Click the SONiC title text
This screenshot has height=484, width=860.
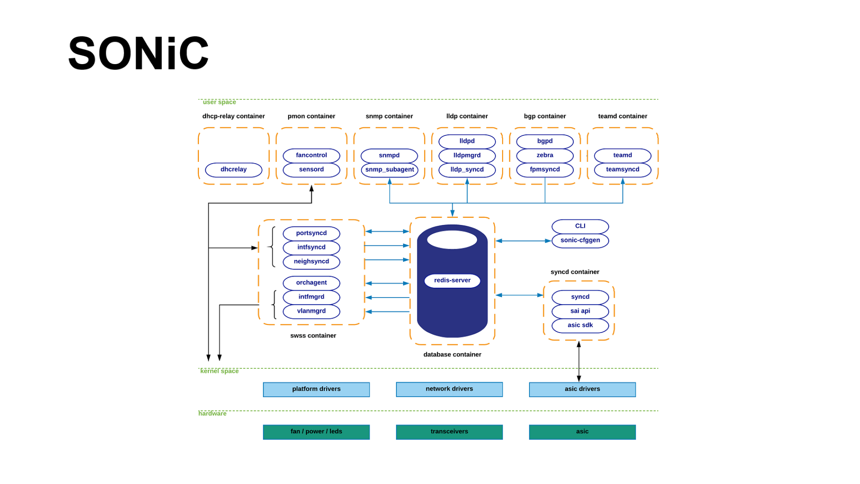pyautogui.click(x=138, y=54)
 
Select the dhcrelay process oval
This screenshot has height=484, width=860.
pyautogui.click(x=233, y=170)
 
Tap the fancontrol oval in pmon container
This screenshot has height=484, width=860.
pyautogui.click(x=311, y=156)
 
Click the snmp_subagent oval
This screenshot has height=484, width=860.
pyautogui.click(x=389, y=170)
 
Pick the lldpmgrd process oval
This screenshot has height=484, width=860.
pyautogui.click(x=467, y=156)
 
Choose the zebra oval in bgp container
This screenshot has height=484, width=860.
pyautogui.click(x=545, y=156)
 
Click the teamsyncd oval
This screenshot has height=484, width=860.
pyautogui.click(x=622, y=170)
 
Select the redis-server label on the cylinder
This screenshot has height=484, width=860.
pyautogui.click(x=452, y=281)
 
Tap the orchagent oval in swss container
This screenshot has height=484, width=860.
pyautogui.click(x=311, y=283)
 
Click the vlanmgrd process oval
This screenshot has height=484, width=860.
pyautogui.click(x=311, y=311)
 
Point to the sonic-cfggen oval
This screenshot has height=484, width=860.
pyautogui.click(x=580, y=241)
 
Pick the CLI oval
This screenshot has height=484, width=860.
pyautogui.click(x=580, y=226)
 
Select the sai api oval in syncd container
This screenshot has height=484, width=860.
pyautogui.click(x=580, y=311)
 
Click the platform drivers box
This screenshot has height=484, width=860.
pyautogui.click(x=316, y=389)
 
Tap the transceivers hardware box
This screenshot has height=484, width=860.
pyautogui.click(x=449, y=432)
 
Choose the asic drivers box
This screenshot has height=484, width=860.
pyautogui.click(x=582, y=389)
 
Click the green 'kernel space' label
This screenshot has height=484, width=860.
pyautogui.click(x=219, y=371)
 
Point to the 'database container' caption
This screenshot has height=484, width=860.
pyautogui.click(x=452, y=354)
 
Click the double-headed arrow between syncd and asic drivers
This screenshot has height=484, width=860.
pyautogui.click(x=579, y=361)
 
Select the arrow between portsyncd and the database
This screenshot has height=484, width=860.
pyautogui.click(x=387, y=232)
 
